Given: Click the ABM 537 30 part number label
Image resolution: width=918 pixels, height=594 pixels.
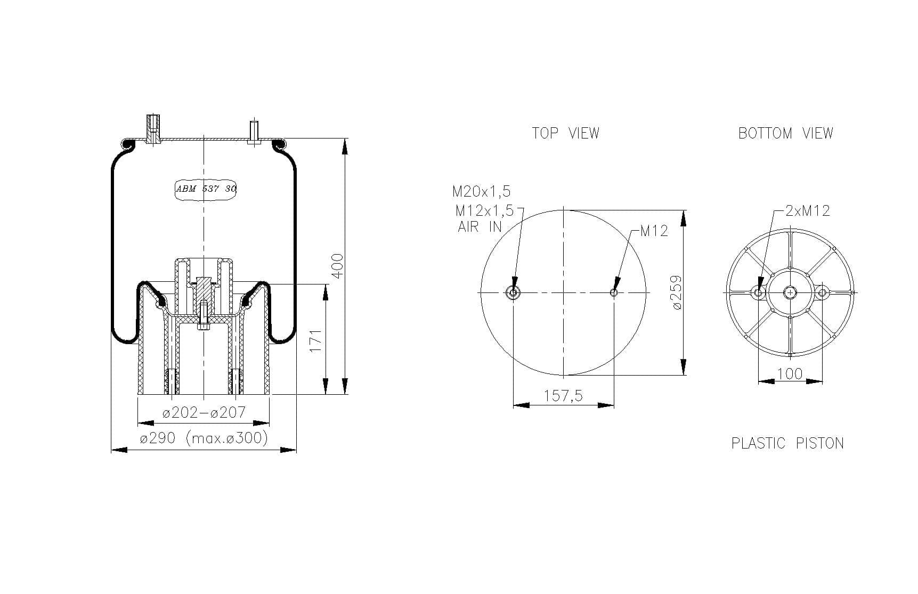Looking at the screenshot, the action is [x=206, y=189].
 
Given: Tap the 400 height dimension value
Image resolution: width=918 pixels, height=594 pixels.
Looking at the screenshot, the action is [x=338, y=265].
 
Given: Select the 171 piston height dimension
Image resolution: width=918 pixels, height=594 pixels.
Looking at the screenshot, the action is [x=316, y=340].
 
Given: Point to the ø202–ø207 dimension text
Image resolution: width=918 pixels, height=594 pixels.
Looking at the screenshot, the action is [x=204, y=412].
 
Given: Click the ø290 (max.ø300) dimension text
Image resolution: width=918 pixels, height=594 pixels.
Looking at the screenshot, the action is [x=204, y=438].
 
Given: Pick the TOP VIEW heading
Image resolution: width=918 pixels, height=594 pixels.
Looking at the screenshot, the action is [x=565, y=133].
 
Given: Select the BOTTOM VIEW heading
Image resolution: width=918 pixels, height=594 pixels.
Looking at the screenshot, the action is [x=785, y=133].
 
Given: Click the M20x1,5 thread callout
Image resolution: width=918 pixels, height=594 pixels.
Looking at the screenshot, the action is [x=482, y=191].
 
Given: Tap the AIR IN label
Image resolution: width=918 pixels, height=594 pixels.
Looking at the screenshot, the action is [x=480, y=226].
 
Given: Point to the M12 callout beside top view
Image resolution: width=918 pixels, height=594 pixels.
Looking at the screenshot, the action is [x=654, y=231].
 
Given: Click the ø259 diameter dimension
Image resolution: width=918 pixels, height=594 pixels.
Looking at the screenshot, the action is [x=677, y=292].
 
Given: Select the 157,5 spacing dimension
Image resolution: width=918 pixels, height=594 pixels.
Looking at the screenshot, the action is [x=563, y=395].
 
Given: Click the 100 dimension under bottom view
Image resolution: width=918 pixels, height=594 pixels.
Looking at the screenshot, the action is [x=790, y=373].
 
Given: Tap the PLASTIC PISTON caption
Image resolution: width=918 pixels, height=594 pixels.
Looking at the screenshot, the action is [x=787, y=443].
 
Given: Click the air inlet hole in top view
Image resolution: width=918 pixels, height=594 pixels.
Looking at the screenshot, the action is [x=513, y=292].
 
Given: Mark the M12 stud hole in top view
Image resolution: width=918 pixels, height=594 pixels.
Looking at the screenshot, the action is [x=614, y=292].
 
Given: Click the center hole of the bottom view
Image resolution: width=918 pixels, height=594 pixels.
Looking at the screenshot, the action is [x=790, y=292].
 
